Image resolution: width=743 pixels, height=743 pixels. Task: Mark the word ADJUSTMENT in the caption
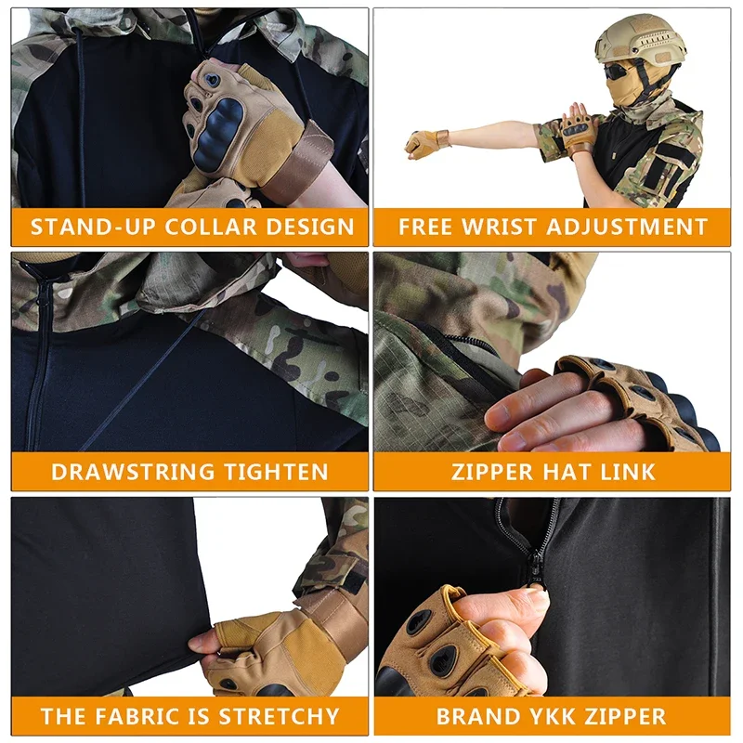pos(628,227)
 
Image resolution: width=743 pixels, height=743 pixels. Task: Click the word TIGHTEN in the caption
pos(276,472)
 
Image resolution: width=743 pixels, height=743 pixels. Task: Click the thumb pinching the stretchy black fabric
pos(202,643)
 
